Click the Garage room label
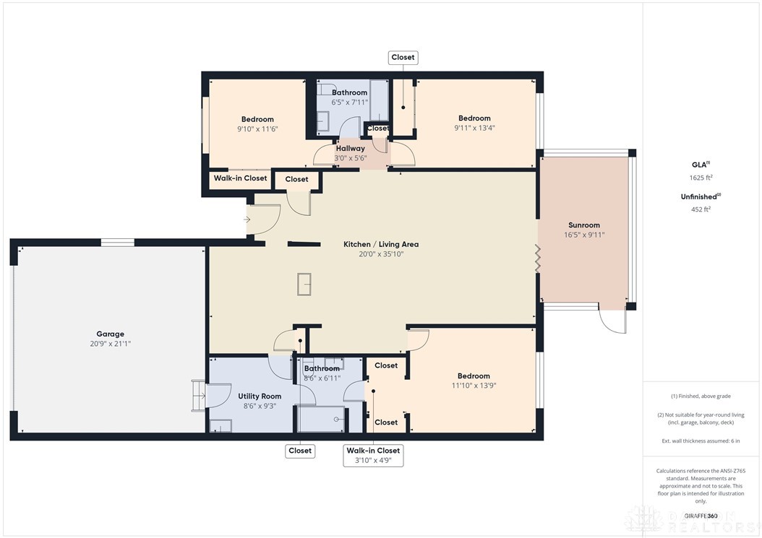[x=110, y=334]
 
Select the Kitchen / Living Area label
[x=380, y=244]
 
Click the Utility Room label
[x=260, y=396]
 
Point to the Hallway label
[x=350, y=148]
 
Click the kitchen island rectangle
[x=304, y=284]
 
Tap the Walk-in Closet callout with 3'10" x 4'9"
[x=373, y=455]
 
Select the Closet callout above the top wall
[x=403, y=58]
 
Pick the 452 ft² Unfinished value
[x=700, y=209]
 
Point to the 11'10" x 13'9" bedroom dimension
[x=474, y=385]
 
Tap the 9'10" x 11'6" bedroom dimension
[x=257, y=129]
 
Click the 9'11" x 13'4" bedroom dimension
[x=474, y=128]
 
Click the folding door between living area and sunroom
[x=538, y=258]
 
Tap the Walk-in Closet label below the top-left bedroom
[x=240, y=178]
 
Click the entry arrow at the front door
[x=247, y=220]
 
